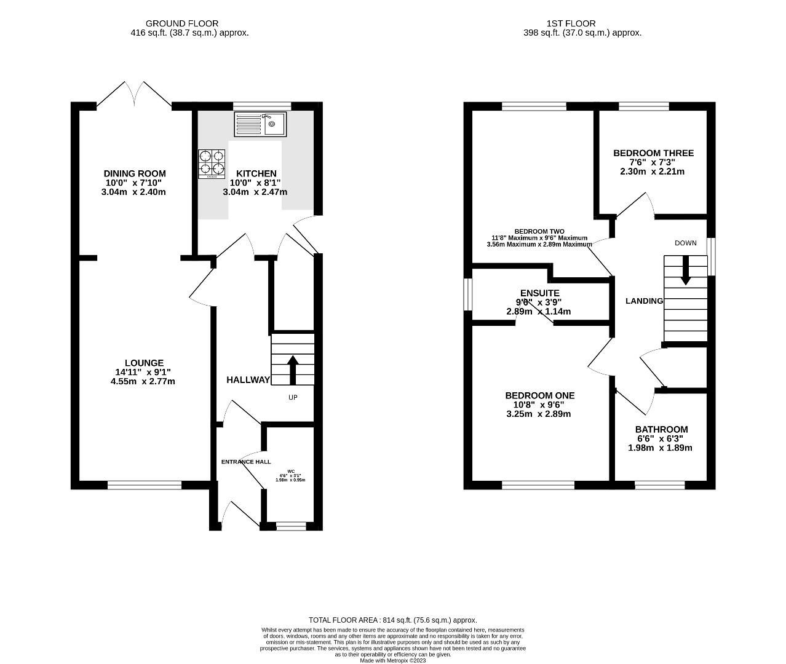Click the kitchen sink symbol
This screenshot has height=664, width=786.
pyautogui.click(x=260, y=124)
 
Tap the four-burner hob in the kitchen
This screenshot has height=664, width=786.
pyautogui.click(x=212, y=164)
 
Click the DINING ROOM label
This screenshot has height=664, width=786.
pyautogui.click(x=135, y=174)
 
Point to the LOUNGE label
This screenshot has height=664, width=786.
pyautogui.click(x=144, y=363)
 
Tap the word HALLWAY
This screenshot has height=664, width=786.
pyautogui.click(x=248, y=380)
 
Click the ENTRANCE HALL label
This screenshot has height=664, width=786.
pyautogui.click(x=246, y=462)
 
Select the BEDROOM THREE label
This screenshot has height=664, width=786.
pyautogui.click(x=653, y=153)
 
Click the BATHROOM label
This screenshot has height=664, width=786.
pyautogui.click(x=661, y=429)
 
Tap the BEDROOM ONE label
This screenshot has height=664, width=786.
pyautogui.click(x=539, y=395)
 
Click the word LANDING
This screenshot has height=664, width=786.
pyautogui.click(x=644, y=301)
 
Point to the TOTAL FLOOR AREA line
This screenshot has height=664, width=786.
pyautogui.click(x=392, y=620)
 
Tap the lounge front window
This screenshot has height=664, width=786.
pyautogui.click(x=145, y=485)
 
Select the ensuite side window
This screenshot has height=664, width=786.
pyautogui.click(x=467, y=293)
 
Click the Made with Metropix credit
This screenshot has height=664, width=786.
pyautogui.click(x=392, y=660)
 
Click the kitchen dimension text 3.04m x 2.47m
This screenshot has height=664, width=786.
pyautogui.click(x=255, y=192)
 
